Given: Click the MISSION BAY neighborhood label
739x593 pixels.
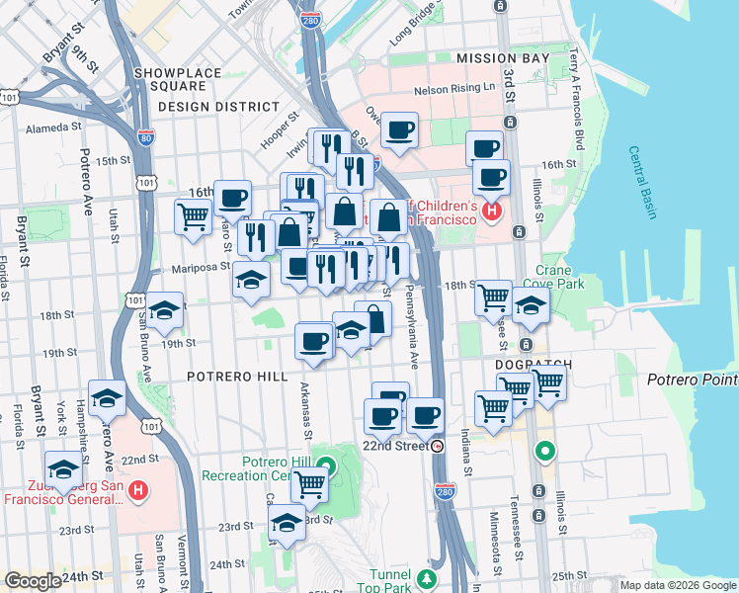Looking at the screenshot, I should (x=502, y=59).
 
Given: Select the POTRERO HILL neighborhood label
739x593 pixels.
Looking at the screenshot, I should (x=236, y=377).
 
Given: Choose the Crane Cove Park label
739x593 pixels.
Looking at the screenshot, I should (x=560, y=277).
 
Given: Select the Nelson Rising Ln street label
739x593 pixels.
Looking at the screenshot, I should (x=453, y=88).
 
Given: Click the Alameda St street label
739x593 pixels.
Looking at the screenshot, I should (x=52, y=128).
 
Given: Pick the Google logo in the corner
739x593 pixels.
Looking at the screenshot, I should (x=32, y=581).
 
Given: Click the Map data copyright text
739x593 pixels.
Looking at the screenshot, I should (x=677, y=584).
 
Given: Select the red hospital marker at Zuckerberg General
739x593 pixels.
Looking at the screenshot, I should (x=139, y=489).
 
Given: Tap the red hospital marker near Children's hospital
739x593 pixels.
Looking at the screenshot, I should (x=491, y=211).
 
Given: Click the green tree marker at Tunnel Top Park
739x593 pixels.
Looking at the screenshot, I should (x=427, y=577).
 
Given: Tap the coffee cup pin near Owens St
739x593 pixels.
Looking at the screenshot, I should (x=399, y=129).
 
